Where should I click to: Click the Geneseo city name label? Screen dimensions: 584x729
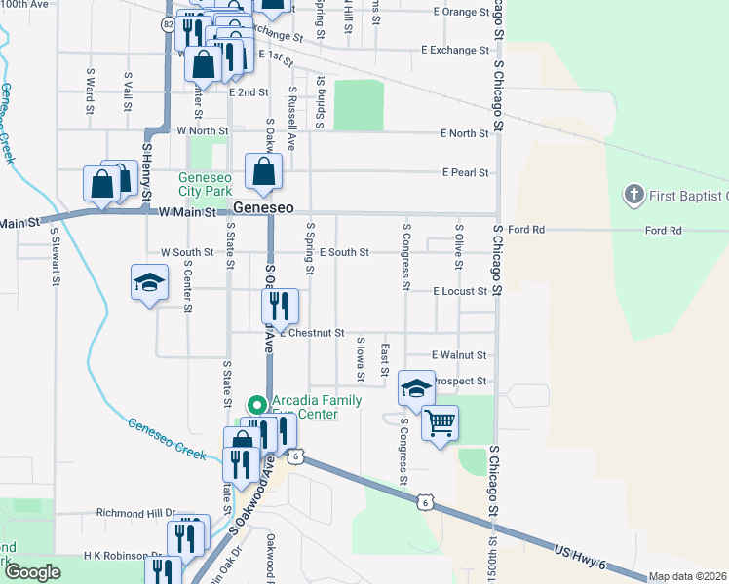[x=263, y=209]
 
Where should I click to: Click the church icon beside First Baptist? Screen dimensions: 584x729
[x=633, y=196]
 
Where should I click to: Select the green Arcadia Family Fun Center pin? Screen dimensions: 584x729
[x=256, y=404]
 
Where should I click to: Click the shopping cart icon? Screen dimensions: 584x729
[x=440, y=423]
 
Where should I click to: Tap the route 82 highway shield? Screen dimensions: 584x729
[x=170, y=22]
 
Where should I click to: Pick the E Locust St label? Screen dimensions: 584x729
[x=460, y=291]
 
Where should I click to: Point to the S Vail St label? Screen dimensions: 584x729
[x=127, y=89]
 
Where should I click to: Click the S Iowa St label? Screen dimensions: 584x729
[x=360, y=358]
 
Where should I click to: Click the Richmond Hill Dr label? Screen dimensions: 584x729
[x=134, y=512]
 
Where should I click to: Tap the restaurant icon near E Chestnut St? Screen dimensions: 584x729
[x=280, y=307]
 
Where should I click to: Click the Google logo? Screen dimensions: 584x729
[x=32, y=572]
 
